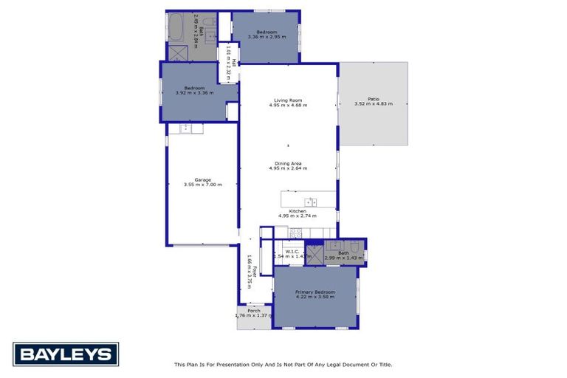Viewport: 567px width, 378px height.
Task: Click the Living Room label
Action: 288,100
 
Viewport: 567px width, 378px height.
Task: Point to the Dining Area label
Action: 288,163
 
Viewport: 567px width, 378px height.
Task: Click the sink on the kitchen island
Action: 310,202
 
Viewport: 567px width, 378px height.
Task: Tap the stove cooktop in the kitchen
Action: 296,233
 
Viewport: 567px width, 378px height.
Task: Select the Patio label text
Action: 374,99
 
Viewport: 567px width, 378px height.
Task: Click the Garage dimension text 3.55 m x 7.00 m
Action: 203,185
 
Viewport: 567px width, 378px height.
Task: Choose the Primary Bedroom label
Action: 315,292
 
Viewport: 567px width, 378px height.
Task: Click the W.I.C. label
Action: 292,252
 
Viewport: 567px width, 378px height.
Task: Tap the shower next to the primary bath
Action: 314,254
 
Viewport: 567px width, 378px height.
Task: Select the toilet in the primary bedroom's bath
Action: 354,247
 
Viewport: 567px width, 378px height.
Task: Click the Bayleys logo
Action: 66,354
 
